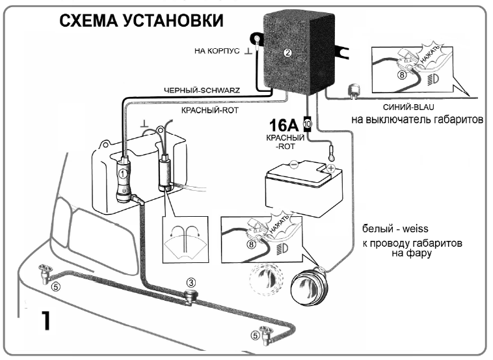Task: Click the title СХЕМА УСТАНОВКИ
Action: tap(141, 21)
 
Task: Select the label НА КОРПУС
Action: tap(218, 50)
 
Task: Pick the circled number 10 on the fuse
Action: tap(308, 123)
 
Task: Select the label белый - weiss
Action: tap(394, 229)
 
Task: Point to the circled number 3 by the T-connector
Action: tap(191, 283)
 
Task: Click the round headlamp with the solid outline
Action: tap(308, 285)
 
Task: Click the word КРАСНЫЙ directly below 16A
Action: tap(286, 139)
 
